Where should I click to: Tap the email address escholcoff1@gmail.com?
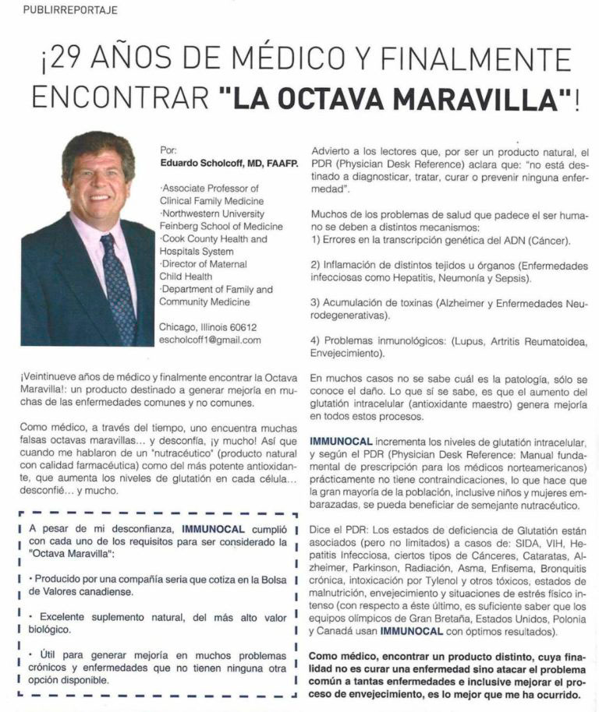[x=210, y=340]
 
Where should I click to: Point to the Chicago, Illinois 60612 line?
[x=207, y=327]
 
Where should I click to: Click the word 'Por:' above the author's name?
[x=168, y=150]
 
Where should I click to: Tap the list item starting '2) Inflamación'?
[x=448, y=270]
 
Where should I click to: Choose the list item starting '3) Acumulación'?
[x=448, y=308]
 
